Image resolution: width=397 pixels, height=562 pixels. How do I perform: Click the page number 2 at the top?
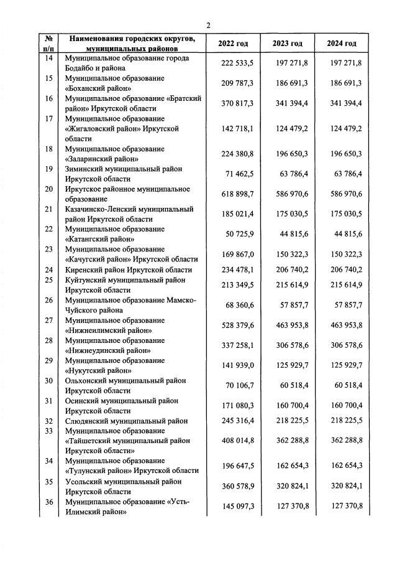tap(209, 25)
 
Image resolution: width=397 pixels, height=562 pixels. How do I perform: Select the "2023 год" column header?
tap(287, 44)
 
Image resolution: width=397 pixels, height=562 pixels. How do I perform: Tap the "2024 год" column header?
tap(342, 44)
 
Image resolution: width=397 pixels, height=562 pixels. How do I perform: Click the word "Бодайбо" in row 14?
tap(83, 68)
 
